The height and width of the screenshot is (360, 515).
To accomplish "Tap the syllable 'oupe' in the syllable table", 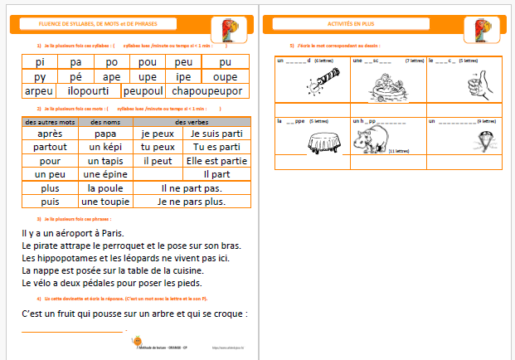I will click(225, 75).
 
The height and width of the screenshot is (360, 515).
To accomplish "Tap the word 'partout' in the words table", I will click(51, 147).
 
